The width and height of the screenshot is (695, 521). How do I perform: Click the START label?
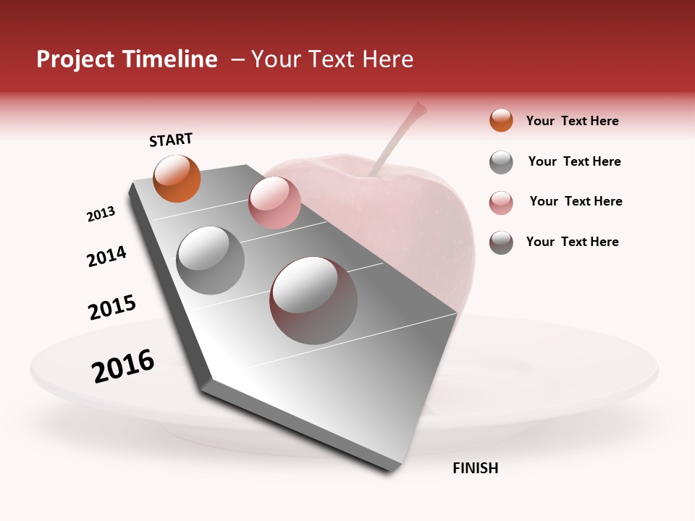tap(171, 139)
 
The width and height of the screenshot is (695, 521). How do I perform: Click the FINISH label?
tap(475, 468)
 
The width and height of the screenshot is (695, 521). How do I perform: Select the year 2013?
tap(101, 214)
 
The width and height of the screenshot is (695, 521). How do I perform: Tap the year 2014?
tap(106, 256)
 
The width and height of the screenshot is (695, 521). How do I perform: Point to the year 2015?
tap(112, 307)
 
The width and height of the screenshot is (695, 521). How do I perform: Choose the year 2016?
tap(123, 365)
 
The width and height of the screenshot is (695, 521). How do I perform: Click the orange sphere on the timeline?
tap(177, 178)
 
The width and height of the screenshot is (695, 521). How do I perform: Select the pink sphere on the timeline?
tap(274, 203)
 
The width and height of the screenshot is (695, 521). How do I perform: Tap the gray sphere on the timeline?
tap(210, 260)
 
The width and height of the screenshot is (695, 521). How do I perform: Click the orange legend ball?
tap(501, 120)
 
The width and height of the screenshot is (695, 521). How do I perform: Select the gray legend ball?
tap(501, 162)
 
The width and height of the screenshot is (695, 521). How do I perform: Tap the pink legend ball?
tap(501, 203)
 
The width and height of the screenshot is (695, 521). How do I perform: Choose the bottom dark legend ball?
tap(501, 242)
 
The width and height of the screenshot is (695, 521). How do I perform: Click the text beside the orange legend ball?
tap(572, 121)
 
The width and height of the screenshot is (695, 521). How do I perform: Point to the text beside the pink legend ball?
tap(576, 201)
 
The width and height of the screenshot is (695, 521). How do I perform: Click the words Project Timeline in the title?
tap(127, 59)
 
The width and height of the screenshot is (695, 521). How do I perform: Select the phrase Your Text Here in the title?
tap(332, 59)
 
